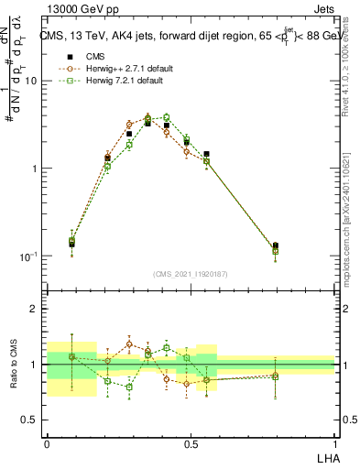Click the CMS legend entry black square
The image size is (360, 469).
(x=64, y=56)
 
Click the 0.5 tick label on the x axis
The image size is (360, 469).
(x=190, y=442)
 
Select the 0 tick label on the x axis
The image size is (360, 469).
(x=47, y=442)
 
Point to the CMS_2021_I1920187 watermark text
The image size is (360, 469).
(x=190, y=273)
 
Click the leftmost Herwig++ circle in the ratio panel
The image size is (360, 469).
(x=72, y=356)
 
